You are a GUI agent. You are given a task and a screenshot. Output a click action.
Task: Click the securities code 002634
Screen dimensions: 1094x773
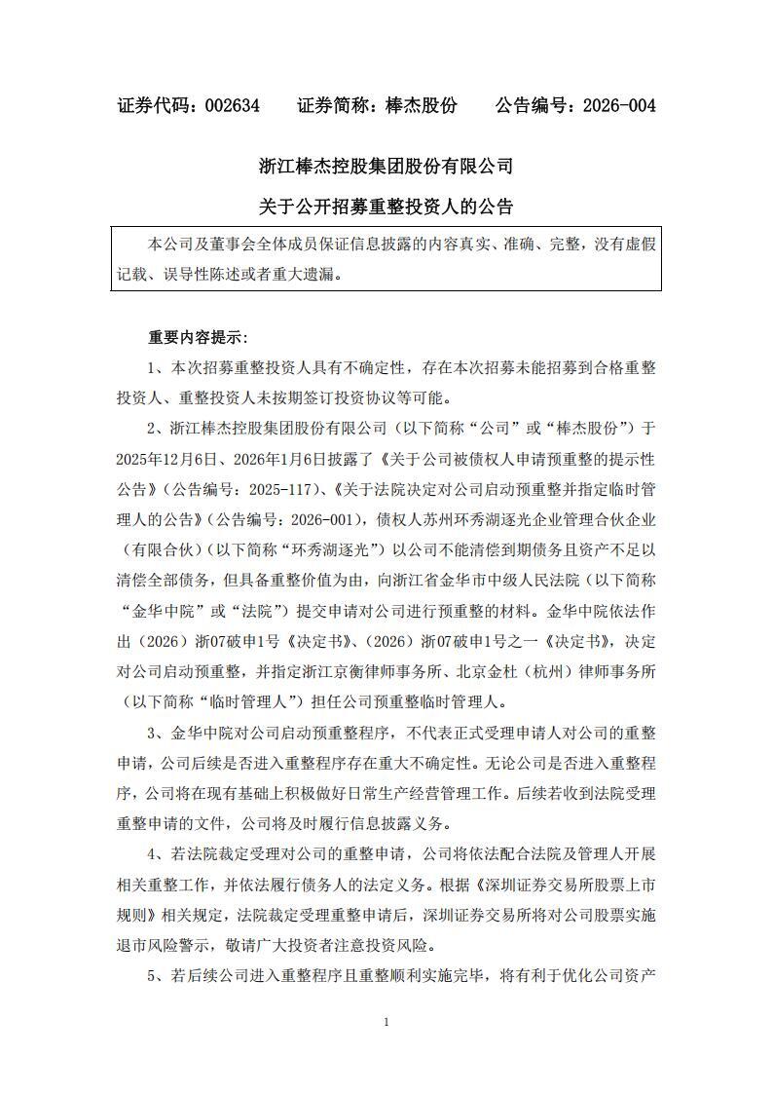tap(233, 106)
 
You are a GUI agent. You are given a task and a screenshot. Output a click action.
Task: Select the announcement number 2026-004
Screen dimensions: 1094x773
tap(617, 106)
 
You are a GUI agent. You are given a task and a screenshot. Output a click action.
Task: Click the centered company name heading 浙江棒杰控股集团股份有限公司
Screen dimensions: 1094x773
tap(386, 166)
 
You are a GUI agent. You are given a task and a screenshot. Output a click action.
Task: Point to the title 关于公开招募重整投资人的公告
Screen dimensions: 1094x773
tap(386, 207)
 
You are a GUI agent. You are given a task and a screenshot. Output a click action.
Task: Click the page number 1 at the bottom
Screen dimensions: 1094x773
tap(386, 1022)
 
